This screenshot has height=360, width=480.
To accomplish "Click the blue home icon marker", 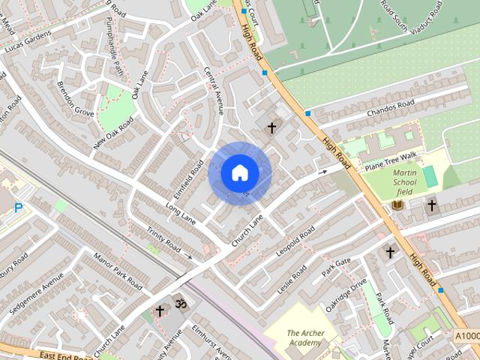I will [239, 173].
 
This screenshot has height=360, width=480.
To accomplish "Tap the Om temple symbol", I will [180, 304].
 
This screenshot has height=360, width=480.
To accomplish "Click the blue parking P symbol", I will [18, 207].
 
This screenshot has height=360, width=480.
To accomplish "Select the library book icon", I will [398, 205].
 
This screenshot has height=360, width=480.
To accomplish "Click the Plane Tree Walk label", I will [389, 159].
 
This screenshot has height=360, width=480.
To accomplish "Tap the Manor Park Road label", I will [117, 271].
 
